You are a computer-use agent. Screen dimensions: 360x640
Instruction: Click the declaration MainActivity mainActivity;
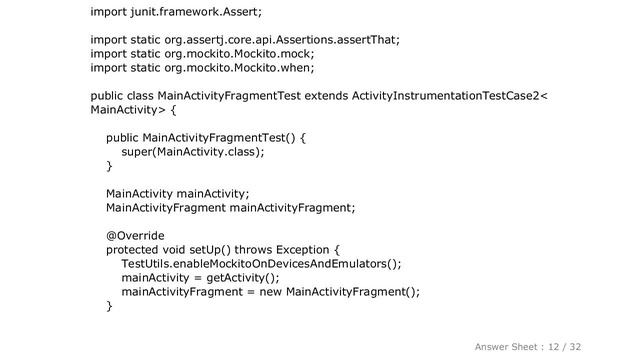point(177,194)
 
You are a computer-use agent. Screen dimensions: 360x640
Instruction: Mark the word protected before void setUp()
point(135,250)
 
